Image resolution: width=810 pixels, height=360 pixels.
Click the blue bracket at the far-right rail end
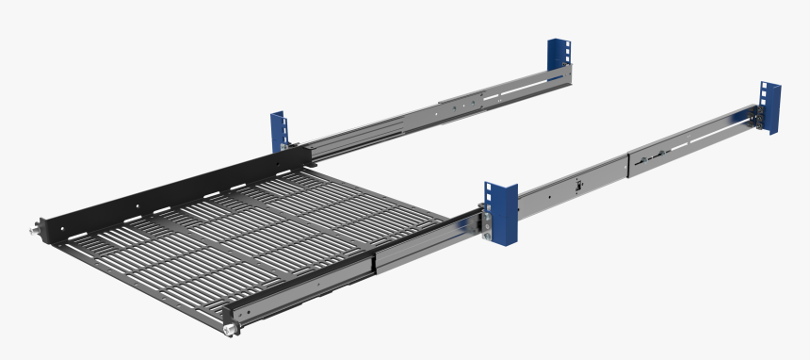(x=771, y=107)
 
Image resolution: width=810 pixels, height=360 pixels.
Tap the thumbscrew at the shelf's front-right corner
(x=228, y=329)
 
